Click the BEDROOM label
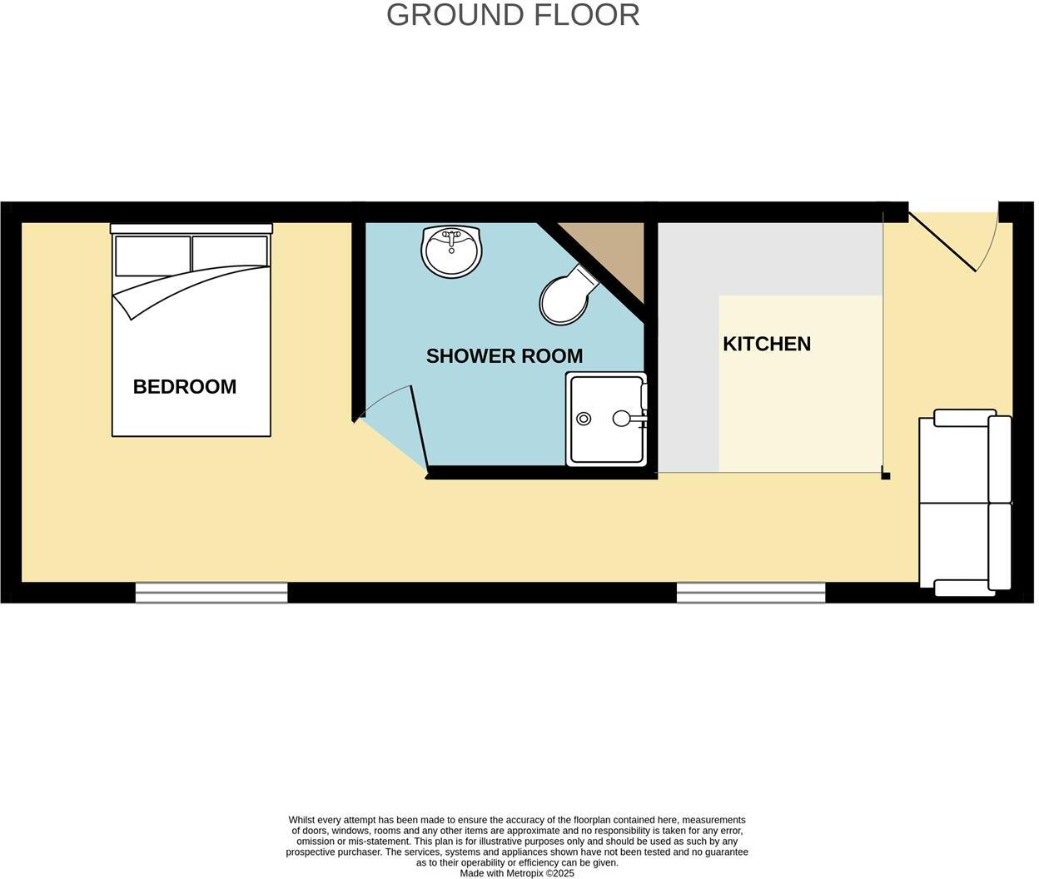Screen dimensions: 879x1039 click(x=185, y=386)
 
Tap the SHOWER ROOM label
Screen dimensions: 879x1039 click(x=504, y=356)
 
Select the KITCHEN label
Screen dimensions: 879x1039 click(x=766, y=344)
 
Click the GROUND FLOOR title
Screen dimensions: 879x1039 click(x=513, y=15)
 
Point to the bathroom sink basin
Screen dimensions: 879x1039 click(x=451, y=251)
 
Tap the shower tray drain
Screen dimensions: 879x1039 click(x=584, y=419)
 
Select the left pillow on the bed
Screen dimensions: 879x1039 click(x=152, y=256)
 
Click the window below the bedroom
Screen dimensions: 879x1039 click(x=211, y=592)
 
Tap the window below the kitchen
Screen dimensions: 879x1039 click(x=751, y=592)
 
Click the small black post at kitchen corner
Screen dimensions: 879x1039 click(x=886, y=476)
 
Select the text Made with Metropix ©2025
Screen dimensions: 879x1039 click(x=517, y=873)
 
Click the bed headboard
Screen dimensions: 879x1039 click(x=191, y=228)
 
